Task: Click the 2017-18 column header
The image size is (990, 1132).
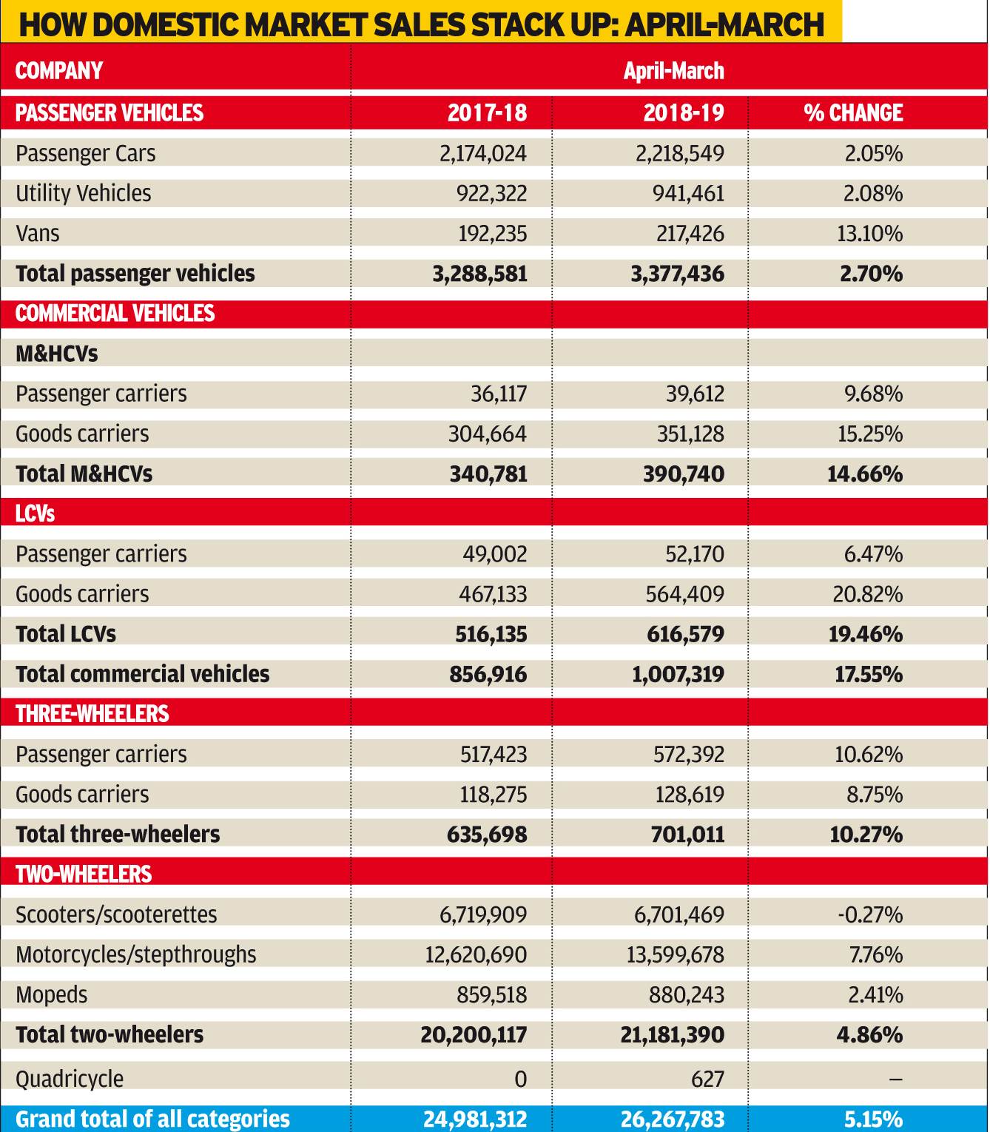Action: pos(487,113)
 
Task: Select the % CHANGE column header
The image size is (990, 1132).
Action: pos(853,113)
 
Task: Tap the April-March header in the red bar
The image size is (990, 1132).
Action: pos(673,71)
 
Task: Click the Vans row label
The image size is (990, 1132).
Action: pos(37,234)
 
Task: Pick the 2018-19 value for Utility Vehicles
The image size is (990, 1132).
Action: pos(688,194)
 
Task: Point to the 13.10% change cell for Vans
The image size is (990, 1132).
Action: pos(869,234)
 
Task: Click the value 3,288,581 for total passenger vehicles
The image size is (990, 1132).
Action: pos(479,274)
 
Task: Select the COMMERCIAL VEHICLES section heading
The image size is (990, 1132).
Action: pos(115,314)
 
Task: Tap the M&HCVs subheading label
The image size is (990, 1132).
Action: pos(56,354)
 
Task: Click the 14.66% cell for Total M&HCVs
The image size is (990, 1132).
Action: pos(865,474)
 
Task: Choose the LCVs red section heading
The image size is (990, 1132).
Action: pos(35,514)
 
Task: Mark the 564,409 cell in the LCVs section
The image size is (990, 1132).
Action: pos(685,594)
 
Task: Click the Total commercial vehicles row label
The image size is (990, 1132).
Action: pos(142,674)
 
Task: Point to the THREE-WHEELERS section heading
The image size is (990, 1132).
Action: pos(92,714)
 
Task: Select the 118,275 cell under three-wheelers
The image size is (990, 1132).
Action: pos(494,795)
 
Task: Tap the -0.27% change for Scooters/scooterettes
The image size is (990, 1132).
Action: pos(870,914)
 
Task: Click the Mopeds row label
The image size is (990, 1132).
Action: pos(52,995)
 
